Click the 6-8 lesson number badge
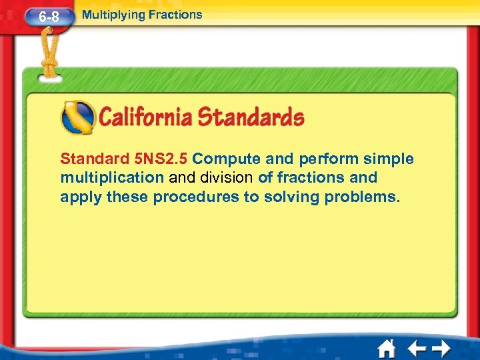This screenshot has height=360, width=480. coord(49,17)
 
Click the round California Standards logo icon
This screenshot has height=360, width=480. coord(77,118)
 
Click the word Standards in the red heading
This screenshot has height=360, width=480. coord(251,118)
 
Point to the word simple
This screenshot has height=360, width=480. coord(389,159)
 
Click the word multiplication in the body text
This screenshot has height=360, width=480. coord(111,178)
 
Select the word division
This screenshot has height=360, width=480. coord(227,178)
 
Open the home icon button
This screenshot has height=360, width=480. coord(386,348)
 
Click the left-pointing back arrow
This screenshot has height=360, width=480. coord(416,348)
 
